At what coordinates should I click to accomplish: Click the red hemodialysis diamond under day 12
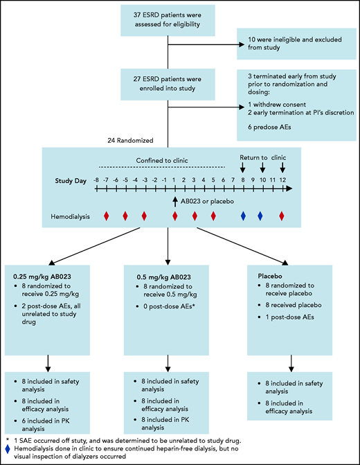[x=282, y=216]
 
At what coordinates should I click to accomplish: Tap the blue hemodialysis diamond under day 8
[x=243, y=216]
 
